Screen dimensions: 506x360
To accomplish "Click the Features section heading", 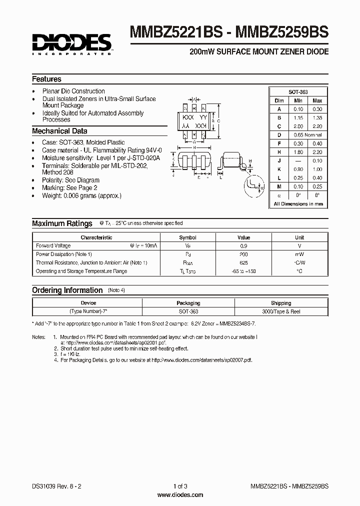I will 46,79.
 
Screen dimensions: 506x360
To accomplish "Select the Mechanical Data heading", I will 59,131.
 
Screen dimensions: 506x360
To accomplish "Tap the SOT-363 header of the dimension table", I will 298,92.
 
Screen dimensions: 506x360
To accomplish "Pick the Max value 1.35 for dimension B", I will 317,117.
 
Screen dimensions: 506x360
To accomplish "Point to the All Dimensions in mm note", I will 298,203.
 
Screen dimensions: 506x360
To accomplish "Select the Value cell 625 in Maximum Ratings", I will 243,262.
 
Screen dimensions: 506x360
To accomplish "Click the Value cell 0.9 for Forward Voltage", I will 243,245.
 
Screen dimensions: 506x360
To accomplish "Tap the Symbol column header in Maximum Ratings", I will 188,237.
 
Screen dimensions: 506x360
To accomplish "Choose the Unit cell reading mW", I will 299,254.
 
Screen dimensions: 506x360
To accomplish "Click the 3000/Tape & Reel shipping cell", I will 281,311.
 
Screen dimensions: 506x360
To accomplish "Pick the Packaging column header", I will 188,303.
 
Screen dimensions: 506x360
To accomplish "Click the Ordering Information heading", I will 67,290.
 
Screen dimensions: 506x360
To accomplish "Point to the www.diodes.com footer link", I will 180,494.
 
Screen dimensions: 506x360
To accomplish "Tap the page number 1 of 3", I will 180,486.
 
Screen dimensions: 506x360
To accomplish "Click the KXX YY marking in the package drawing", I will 193,116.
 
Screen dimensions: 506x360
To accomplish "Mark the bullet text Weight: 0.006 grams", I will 81,195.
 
